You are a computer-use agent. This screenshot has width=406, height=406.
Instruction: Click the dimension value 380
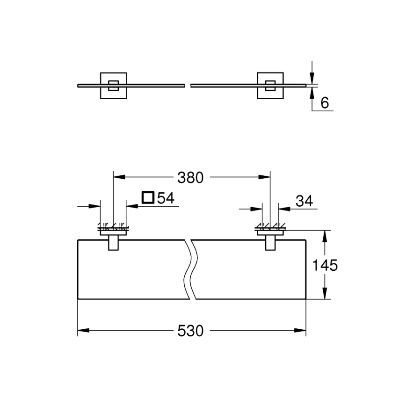click(x=191, y=178)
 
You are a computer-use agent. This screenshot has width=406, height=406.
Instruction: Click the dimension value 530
click(x=191, y=331)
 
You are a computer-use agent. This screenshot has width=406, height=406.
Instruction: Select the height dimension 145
click(x=325, y=266)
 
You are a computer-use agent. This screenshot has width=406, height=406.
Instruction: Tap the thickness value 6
click(x=324, y=103)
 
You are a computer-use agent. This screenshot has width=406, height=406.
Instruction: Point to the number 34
click(x=304, y=201)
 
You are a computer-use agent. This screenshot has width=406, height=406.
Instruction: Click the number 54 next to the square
click(x=165, y=198)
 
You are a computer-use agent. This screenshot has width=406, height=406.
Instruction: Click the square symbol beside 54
click(x=148, y=198)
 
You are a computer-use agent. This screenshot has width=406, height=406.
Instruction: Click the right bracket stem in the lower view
click(x=270, y=244)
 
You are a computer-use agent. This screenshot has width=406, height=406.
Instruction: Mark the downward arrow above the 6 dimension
click(x=312, y=77)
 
